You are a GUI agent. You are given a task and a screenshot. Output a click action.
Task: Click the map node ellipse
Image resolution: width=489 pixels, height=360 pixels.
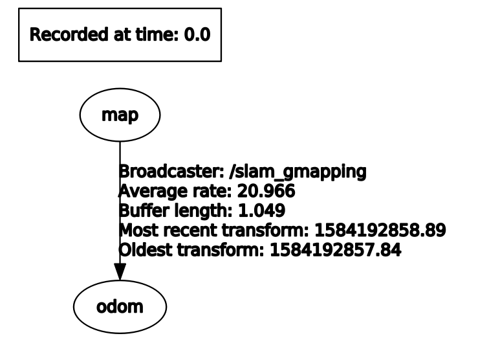coord(120,117)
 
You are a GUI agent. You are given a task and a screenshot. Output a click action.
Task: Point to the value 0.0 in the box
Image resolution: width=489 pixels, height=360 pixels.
coord(197,35)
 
